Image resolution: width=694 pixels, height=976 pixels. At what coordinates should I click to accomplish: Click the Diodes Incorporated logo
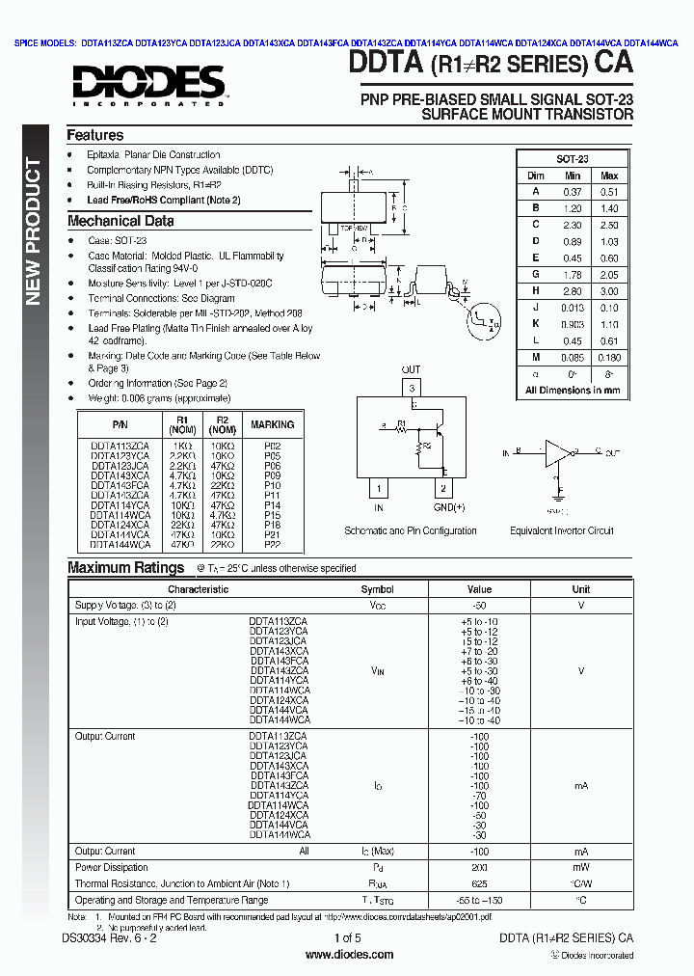tap(147, 84)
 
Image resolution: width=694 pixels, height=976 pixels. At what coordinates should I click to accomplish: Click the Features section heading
tap(94, 136)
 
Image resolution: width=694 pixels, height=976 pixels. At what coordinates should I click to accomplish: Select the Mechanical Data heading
tap(120, 221)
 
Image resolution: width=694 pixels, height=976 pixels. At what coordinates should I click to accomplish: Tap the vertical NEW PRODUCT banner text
tap(33, 231)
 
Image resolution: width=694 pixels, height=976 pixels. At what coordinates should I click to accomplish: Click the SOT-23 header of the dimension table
tap(573, 159)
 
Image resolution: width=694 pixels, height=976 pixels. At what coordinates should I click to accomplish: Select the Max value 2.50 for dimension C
tap(609, 224)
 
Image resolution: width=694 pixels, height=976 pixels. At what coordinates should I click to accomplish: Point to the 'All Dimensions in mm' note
tap(573, 391)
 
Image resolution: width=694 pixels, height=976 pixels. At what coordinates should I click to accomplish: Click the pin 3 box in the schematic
tap(412, 389)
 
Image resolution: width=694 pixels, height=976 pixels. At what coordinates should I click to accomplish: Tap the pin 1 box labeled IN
tap(379, 489)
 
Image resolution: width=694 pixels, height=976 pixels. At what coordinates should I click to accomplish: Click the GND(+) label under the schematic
tap(448, 507)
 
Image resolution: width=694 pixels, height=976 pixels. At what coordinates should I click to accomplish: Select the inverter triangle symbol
tap(558, 451)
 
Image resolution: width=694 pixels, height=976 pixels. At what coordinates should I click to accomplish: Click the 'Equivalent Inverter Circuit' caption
tap(562, 530)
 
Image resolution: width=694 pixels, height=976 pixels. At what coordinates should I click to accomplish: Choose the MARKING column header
tap(273, 424)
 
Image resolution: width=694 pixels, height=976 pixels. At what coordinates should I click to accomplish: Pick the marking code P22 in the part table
tap(273, 544)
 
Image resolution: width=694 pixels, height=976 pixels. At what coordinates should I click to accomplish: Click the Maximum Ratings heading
tap(125, 568)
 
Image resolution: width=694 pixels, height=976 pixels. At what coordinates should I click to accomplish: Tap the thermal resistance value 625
tap(479, 883)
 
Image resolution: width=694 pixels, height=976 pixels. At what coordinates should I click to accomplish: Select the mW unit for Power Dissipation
tap(581, 868)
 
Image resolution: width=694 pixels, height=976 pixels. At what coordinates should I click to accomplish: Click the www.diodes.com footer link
tap(349, 955)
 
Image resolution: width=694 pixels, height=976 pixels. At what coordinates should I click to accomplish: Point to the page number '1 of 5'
tap(347, 938)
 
